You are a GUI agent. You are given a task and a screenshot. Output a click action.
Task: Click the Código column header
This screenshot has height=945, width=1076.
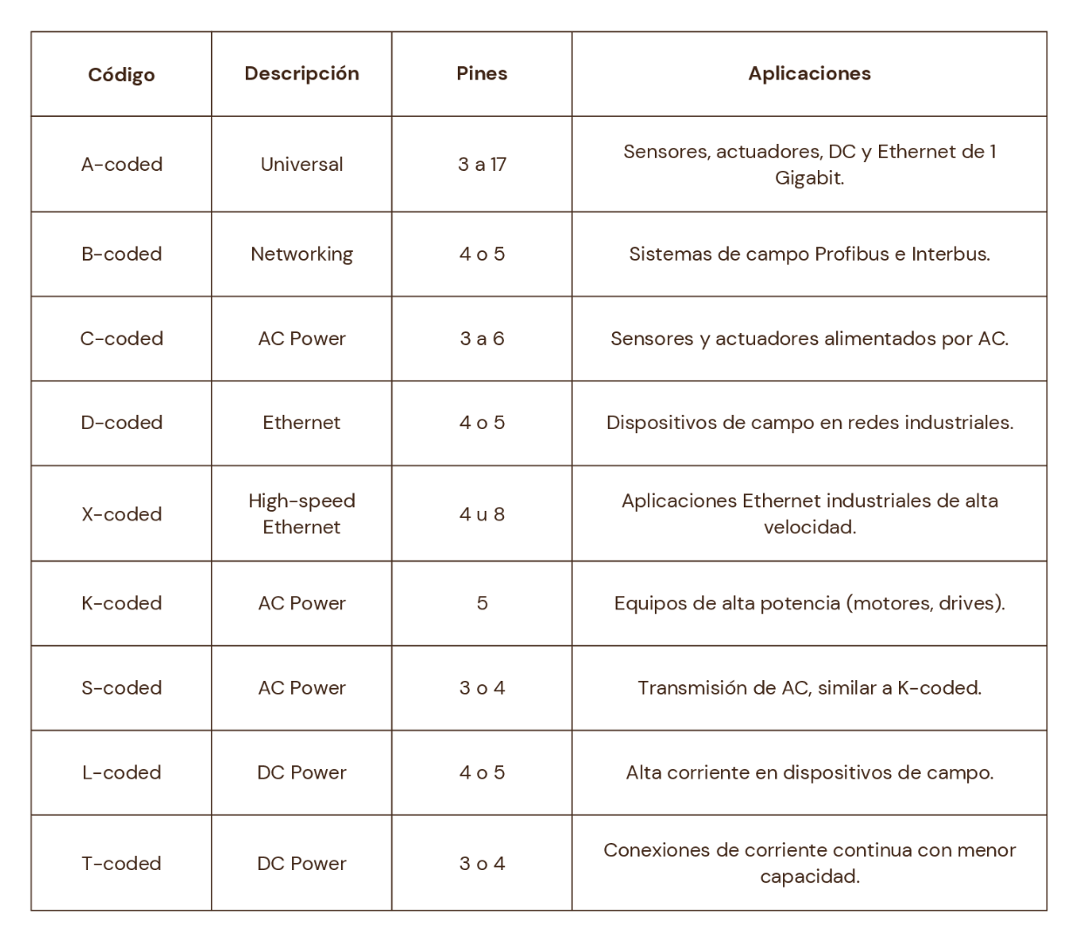121,75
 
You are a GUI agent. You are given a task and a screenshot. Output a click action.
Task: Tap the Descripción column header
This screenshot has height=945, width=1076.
302,74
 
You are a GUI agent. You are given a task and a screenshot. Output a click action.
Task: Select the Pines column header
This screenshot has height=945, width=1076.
481,74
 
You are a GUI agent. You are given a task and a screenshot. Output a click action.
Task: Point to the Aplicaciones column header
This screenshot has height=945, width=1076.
809,74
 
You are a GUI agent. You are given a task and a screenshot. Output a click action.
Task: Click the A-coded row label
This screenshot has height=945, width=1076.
121,165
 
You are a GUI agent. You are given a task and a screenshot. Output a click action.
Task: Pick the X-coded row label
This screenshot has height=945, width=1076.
121,514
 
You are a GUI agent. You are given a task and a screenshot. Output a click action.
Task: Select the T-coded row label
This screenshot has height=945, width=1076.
121,864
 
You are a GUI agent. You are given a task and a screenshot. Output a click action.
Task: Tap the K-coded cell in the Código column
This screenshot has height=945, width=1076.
121,603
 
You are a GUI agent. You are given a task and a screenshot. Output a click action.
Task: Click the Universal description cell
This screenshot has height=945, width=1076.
302,165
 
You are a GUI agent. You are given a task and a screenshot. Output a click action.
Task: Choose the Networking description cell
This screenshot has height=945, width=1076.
302,255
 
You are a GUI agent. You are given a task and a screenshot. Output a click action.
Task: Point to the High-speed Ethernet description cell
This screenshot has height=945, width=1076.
302,514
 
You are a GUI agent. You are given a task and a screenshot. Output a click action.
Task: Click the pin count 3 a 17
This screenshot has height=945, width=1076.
481,165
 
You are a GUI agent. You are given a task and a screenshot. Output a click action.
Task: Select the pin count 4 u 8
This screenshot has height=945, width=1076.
481,514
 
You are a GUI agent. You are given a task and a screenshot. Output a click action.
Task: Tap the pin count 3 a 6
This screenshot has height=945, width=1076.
481,339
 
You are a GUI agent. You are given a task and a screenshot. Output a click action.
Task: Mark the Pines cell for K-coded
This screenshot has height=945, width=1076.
481,603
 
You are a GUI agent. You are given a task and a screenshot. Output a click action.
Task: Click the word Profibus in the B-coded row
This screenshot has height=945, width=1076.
851,255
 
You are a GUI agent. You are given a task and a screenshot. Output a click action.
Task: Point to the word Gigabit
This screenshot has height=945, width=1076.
808,179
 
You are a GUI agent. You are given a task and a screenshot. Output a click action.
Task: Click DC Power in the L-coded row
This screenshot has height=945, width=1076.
302,773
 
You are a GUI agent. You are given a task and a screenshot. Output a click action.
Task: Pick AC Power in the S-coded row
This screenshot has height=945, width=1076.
302,689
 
